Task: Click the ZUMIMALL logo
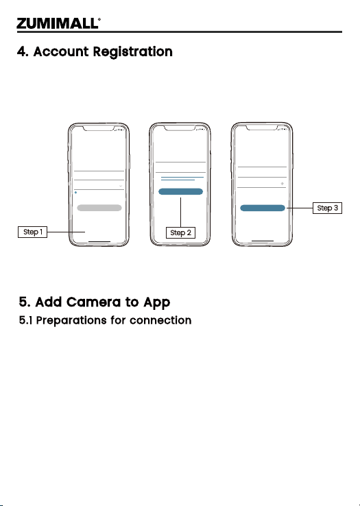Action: tap(58, 23)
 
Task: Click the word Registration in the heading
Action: tap(133, 52)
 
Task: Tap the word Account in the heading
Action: tap(61, 51)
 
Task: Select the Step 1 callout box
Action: tap(33, 232)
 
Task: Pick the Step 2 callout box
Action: tap(180, 232)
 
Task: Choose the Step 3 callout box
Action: tap(327, 208)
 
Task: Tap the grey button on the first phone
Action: tap(99, 208)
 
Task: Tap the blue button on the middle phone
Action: tap(180, 192)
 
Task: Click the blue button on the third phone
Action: tap(263, 208)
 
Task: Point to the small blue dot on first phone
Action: tap(75, 193)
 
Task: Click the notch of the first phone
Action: tap(99, 128)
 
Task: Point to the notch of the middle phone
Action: tap(180, 128)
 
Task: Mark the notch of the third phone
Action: tap(262, 128)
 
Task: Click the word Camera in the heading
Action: tap(94, 302)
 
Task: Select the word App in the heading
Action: tap(156, 302)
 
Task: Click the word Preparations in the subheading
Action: tap(71, 320)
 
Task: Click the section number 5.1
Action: tap(25, 320)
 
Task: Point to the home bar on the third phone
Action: tap(263, 241)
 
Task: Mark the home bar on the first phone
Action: tap(99, 241)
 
